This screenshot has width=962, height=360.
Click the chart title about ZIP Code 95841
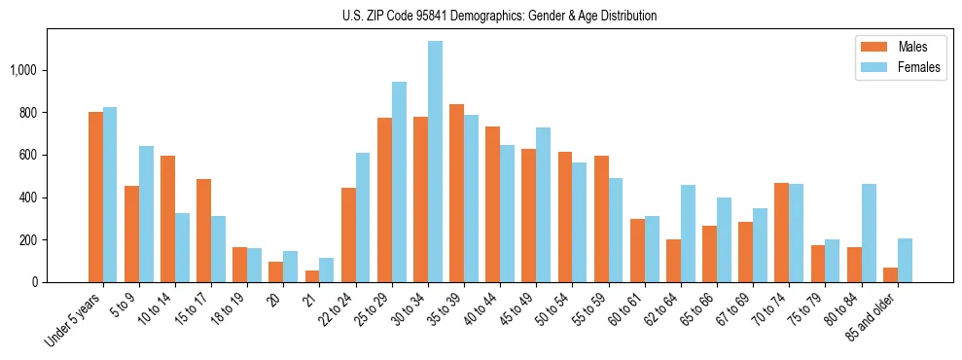(x=499, y=16)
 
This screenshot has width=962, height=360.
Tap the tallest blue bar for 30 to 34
(x=435, y=162)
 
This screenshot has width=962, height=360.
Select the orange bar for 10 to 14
(x=167, y=219)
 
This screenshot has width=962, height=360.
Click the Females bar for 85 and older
(x=904, y=260)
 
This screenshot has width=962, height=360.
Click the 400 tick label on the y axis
(x=28, y=198)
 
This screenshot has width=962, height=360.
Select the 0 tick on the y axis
(x=35, y=282)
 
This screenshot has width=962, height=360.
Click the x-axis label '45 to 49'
(x=518, y=310)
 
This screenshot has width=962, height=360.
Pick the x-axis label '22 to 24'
(x=339, y=310)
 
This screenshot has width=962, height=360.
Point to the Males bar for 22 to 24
(x=348, y=234)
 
